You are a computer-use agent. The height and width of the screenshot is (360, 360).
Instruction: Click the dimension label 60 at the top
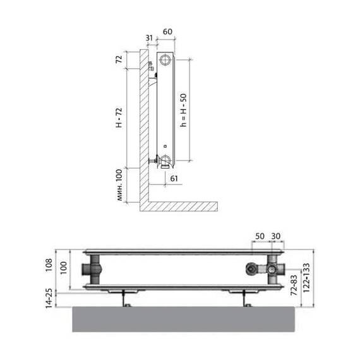(167, 32)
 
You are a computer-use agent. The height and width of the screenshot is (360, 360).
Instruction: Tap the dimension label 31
(149, 38)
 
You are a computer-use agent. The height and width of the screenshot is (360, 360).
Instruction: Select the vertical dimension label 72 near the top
(119, 59)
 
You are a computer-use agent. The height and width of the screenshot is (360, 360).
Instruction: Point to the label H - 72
(119, 117)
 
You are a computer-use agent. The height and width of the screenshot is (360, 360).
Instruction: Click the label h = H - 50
(183, 110)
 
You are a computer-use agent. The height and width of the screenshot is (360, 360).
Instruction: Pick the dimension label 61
(174, 178)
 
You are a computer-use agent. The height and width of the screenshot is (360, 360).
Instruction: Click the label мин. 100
(119, 185)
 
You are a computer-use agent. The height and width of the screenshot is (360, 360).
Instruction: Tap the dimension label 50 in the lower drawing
(260, 236)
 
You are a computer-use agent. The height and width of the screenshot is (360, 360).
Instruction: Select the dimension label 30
(276, 236)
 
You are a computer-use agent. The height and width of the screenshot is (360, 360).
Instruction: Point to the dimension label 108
(49, 265)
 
